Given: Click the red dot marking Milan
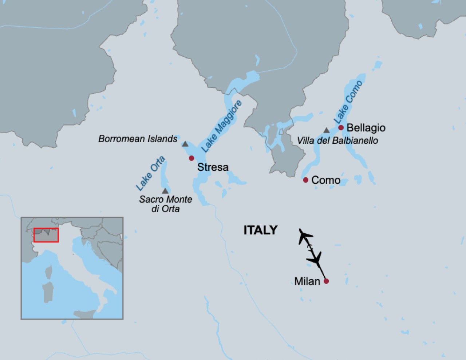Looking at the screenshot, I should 326,281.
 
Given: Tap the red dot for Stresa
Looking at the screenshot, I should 191,158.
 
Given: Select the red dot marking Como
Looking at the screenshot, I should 305,180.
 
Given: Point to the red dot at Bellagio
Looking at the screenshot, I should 341,127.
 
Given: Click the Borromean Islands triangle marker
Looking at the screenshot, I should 185,144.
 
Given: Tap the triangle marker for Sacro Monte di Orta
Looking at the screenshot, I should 165,191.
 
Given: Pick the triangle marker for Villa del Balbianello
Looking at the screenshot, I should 327,130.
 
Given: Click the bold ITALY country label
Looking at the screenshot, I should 260,230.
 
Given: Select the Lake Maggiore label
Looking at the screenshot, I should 221,126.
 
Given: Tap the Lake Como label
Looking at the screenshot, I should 348,102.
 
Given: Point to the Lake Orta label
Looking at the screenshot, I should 150,173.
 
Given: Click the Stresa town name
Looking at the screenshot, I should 213,167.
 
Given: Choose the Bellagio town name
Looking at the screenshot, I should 366,128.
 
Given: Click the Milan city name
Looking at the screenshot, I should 307,281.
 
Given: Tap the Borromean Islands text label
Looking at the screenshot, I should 138,139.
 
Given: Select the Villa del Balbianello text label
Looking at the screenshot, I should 337,141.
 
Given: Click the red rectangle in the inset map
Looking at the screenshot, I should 46,235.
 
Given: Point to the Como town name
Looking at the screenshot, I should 326,180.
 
